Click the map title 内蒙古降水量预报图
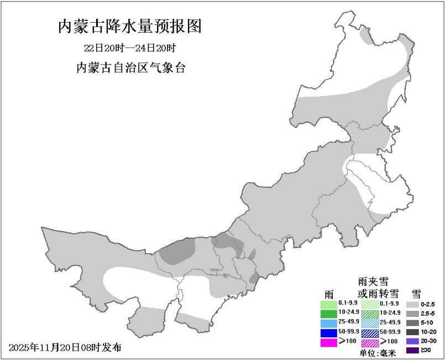pos(130,26)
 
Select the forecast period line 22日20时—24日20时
pos(130,49)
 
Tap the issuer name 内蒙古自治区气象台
pos(130,69)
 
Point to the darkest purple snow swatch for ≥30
pos(412,350)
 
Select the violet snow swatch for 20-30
pos(412,341)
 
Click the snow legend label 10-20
pos(428,332)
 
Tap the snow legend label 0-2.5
pos(428,304)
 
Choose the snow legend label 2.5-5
pos(428,314)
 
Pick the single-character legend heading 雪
pos(416,293)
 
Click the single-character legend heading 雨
pos(329,293)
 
